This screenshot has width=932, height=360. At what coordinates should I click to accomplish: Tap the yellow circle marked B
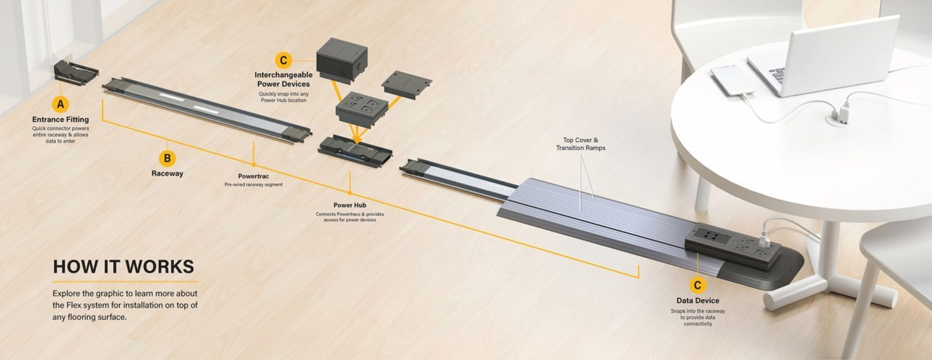tap(167, 157)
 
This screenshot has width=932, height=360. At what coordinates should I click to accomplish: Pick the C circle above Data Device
tap(697, 285)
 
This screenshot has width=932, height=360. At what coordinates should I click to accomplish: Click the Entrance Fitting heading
tap(60, 119)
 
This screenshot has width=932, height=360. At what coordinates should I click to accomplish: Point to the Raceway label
tap(167, 173)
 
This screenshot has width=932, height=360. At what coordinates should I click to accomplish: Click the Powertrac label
tap(253, 176)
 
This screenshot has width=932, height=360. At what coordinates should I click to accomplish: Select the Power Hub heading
tap(349, 206)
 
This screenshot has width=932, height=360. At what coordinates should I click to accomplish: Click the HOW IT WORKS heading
tap(123, 267)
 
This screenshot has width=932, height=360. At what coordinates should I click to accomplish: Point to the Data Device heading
tap(697, 300)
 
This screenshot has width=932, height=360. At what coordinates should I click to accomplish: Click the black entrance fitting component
tap(75, 74)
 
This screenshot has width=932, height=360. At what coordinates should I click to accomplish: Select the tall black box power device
tap(341, 63)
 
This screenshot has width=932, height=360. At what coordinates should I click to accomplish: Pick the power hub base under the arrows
tap(356, 149)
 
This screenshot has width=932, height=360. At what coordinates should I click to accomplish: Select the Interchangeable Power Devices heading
tap(283, 79)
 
